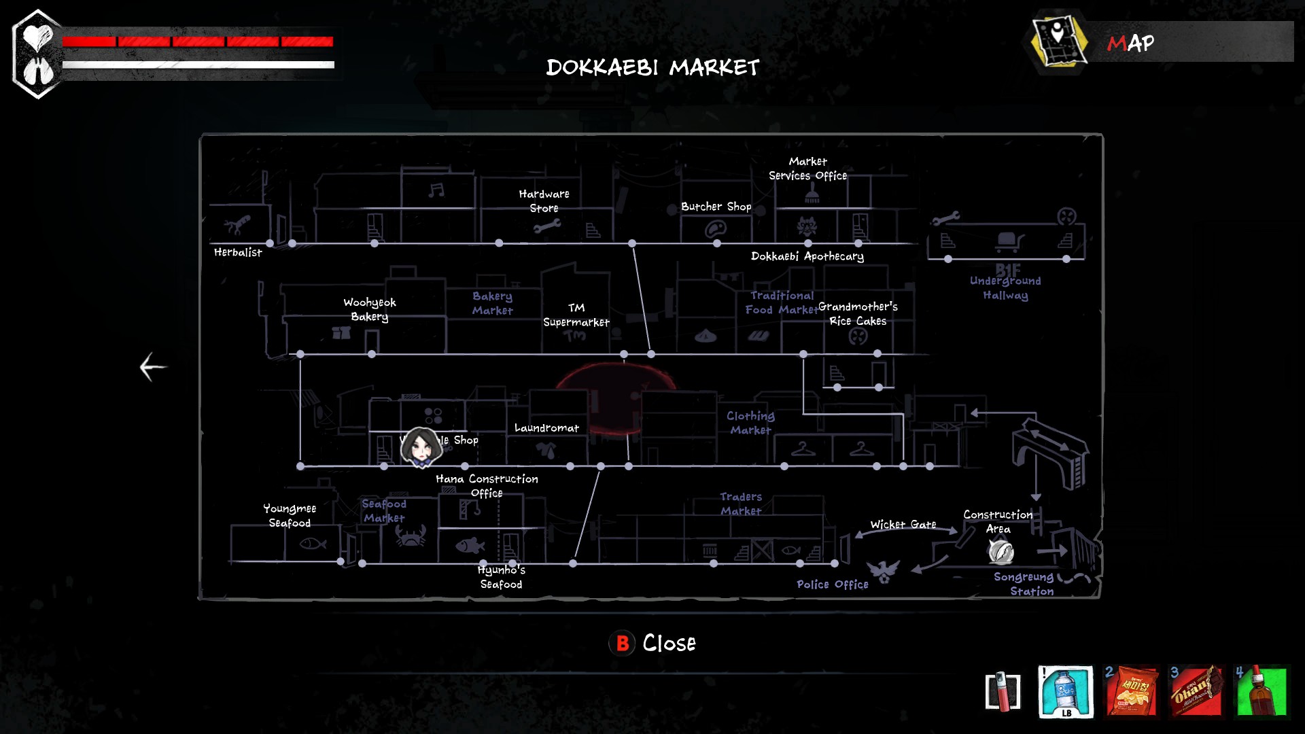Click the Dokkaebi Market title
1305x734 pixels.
[x=652, y=67]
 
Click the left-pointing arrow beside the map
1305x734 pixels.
[x=153, y=367]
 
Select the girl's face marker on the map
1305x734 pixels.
[x=421, y=447]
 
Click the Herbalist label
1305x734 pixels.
[x=238, y=252]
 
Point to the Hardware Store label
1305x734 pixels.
[x=544, y=201]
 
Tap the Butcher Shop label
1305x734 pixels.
[x=716, y=207]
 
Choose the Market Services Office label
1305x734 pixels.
[x=807, y=169]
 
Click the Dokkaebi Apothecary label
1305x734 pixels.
[x=807, y=256]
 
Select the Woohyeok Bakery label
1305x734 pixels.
[x=369, y=309]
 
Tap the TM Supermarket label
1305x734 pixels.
[x=576, y=315]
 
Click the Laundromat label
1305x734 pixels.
[x=546, y=428]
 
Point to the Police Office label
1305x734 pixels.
[x=832, y=584]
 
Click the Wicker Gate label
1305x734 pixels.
[x=903, y=525]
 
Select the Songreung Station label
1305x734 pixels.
[x=1024, y=584]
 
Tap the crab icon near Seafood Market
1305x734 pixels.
[x=411, y=536]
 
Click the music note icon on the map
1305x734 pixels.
[x=436, y=190]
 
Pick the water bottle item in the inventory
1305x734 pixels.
[x=1066, y=691]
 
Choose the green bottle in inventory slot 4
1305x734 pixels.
[x=1261, y=691]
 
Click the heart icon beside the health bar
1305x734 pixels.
[x=37, y=37]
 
